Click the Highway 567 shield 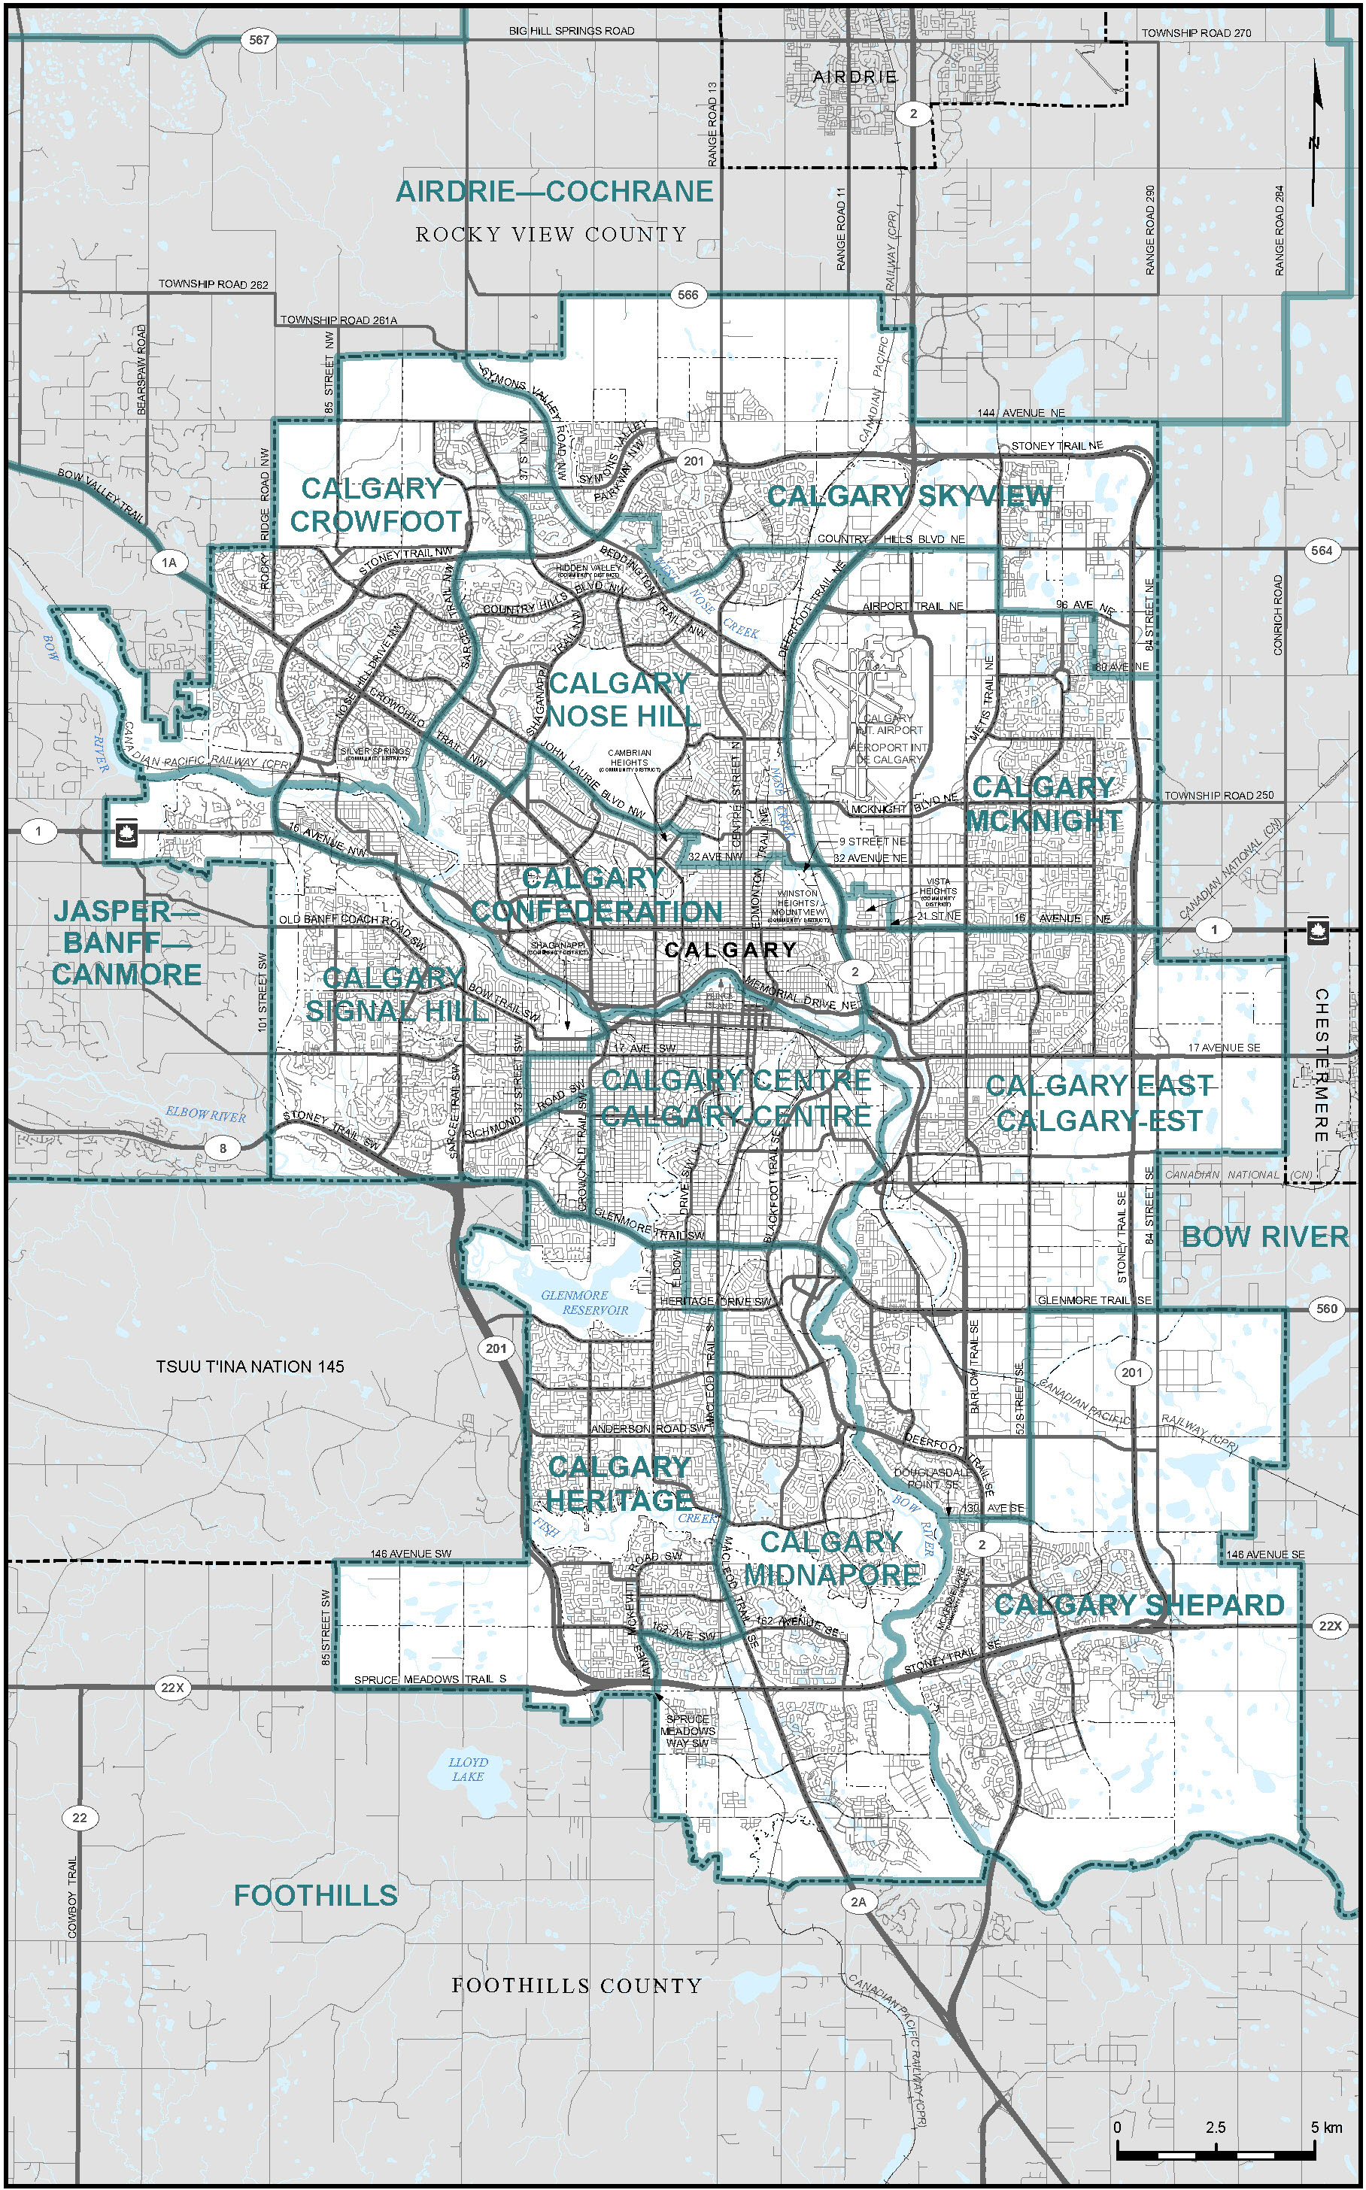pyautogui.click(x=260, y=40)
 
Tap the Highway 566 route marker pyautogui.click(x=688, y=294)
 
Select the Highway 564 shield pyautogui.click(x=1322, y=550)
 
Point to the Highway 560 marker pyautogui.click(x=1326, y=1308)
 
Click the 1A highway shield pyautogui.click(x=169, y=563)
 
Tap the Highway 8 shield pyautogui.click(x=223, y=1148)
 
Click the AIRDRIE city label pyautogui.click(x=855, y=77)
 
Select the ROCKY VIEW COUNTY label pyautogui.click(x=551, y=235)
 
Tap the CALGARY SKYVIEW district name pyautogui.click(x=909, y=496)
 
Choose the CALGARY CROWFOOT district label pyautogui.click(x=374, y=505)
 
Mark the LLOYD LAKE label pyautogui.click(x=468, y=1768)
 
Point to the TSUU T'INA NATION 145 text pyautogui.click(x=250, y=1366)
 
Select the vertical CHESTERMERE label pyautogui.click(x=1321, y=1066)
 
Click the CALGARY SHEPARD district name pyautogui.click(x=1140, y=1605)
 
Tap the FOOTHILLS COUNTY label pyautogui.click(x=576, y=1986)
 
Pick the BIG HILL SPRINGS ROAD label pyautogui.click(x=571, y=31)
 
